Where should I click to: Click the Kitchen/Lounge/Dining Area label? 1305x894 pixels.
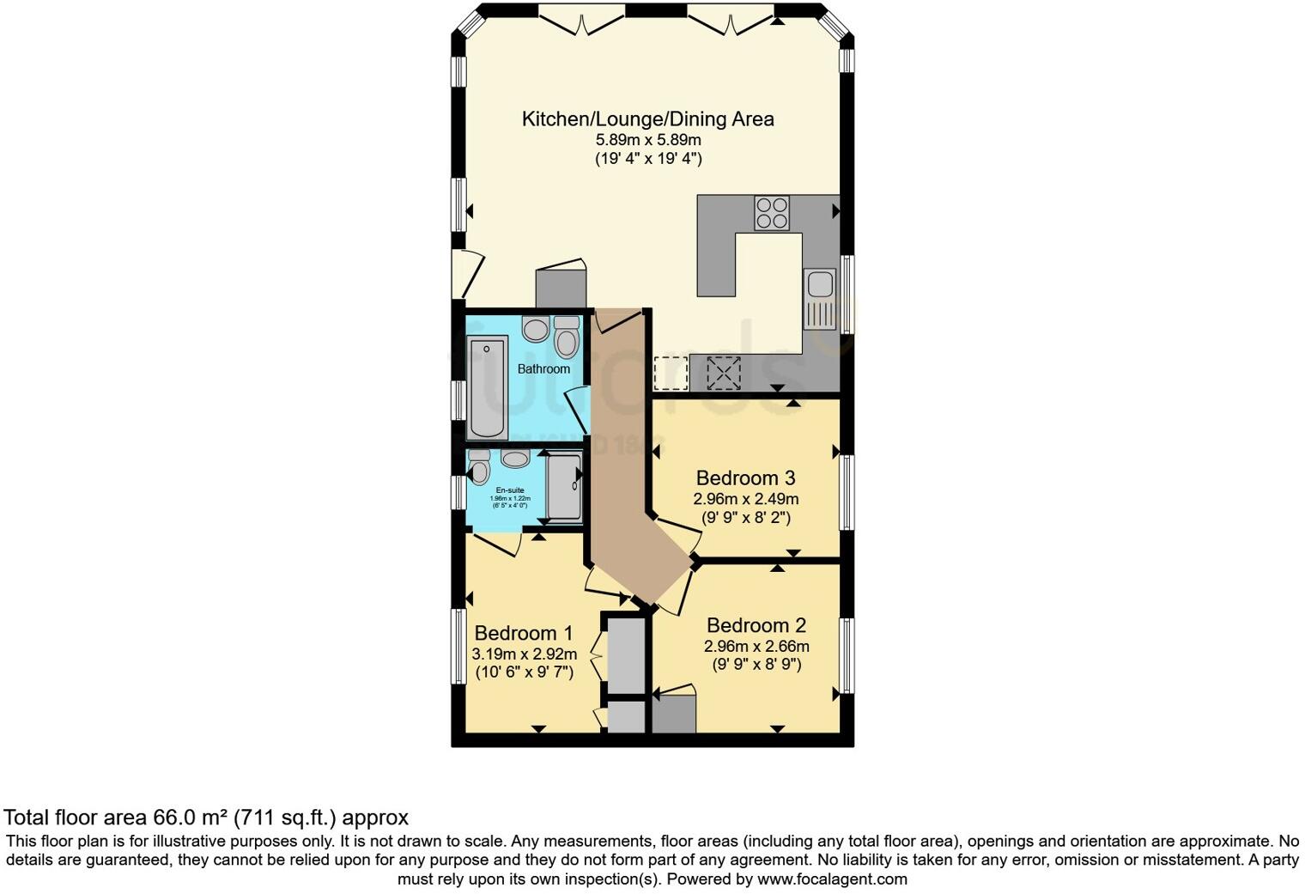click(647, 119)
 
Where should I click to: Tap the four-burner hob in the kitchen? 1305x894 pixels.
click(771, 213)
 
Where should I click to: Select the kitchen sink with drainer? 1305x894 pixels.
click(819, 298)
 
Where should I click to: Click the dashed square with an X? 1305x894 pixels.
click(723, 373)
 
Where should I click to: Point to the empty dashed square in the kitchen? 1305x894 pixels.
click(671, 373)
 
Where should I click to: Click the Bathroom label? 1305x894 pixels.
click(543, 368)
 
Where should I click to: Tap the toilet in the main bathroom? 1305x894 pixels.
click(566, 338)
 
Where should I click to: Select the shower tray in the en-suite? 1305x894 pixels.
click(564, 487)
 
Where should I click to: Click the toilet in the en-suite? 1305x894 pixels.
click(479, 467)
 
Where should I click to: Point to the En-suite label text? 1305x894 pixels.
click(510, 490)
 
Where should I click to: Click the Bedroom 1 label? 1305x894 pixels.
click(524, 633)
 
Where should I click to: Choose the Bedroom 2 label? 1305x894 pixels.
click(756, 625)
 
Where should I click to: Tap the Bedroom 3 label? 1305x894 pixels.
click(745, 477)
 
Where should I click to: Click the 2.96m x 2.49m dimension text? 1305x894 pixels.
click(745, 499)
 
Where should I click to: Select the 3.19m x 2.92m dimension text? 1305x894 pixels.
click(524, 654)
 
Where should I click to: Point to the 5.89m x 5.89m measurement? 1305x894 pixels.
click(648, 139)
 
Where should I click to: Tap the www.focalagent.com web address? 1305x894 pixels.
click(832, 879)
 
